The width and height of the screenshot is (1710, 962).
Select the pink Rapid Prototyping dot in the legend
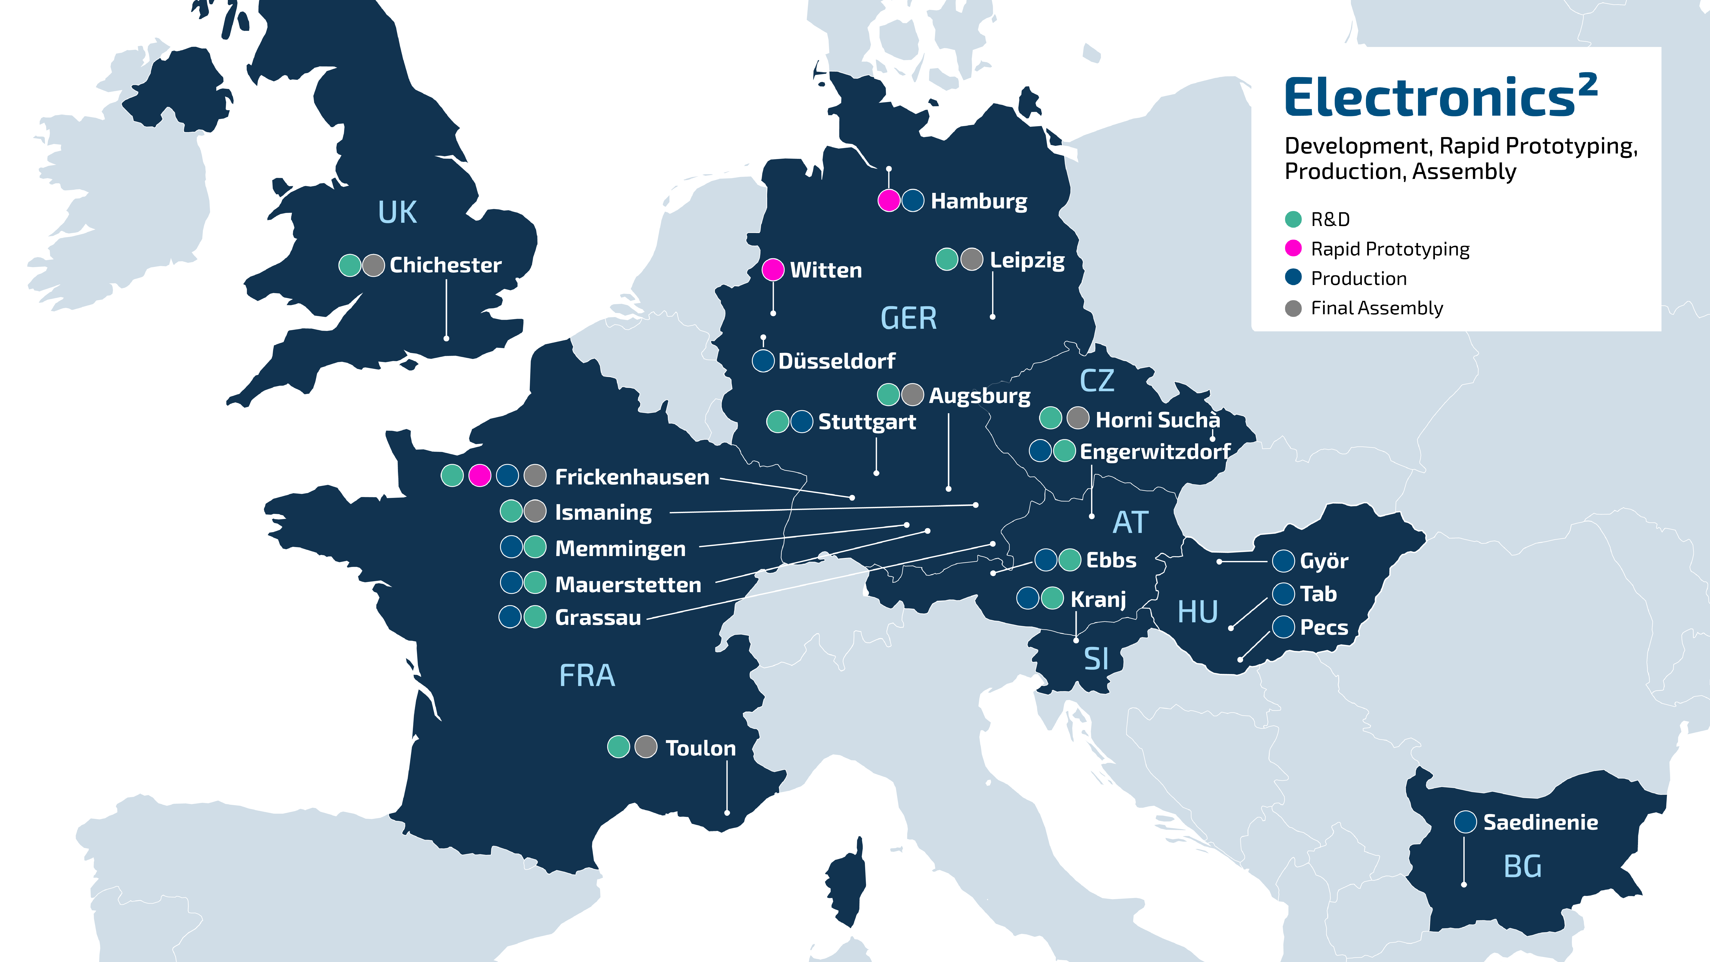1293,248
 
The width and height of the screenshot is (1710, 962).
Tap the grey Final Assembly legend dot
1293,308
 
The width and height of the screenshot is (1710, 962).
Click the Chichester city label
445,265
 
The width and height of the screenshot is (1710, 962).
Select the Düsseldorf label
837,361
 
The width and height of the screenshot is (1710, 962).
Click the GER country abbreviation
908,319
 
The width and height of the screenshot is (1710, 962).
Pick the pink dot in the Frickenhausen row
479,475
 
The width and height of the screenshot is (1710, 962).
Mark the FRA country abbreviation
587,676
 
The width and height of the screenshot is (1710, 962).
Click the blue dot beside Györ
1283,561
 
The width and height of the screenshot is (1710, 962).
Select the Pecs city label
1324,627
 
